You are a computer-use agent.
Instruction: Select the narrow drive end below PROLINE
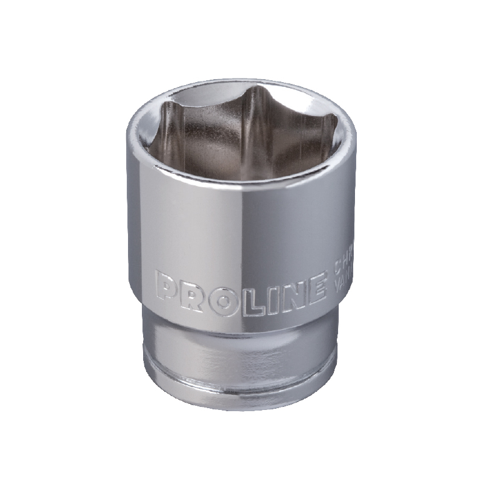pos(241,350)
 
